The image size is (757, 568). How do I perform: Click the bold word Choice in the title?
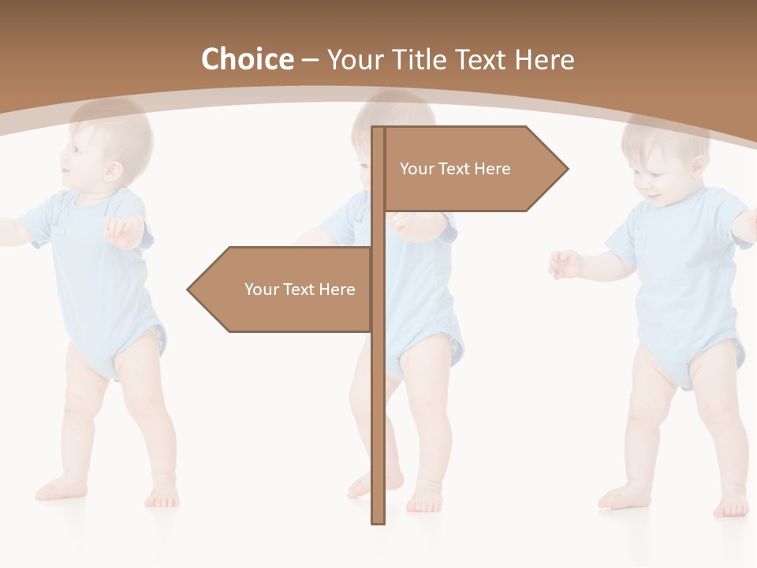247,59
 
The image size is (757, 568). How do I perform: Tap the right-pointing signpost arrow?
473,169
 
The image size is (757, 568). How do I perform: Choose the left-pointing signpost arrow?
284,290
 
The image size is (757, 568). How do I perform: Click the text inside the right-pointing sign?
455,169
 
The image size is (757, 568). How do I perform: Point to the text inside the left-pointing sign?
300,290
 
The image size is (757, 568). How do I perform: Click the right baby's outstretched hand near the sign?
565,263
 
